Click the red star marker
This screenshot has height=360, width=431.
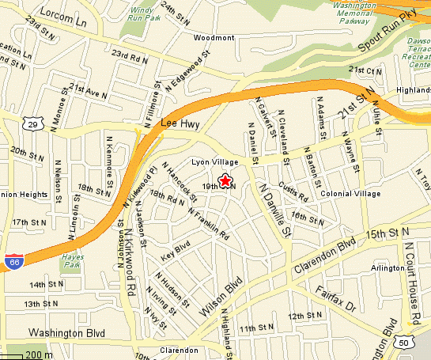[x=225, y=181]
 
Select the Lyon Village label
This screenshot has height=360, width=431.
[x=215, y=162]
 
